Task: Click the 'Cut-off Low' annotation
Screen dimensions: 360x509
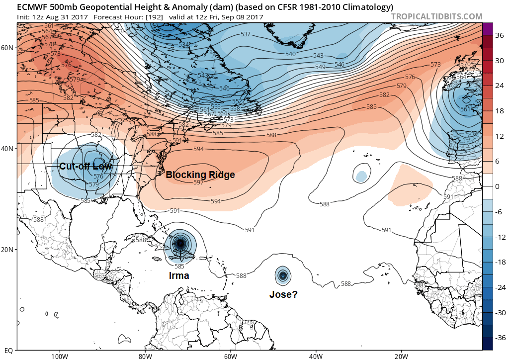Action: coord(85,167)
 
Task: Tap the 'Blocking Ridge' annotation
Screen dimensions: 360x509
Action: coord(200,175)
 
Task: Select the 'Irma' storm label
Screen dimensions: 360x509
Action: coord(178,276)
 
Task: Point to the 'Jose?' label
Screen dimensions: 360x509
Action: coord(283,294)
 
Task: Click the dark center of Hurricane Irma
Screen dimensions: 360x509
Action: coord(180,243)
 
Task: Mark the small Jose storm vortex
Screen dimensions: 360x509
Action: coord(283,275)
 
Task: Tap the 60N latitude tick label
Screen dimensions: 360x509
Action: coord(7,48)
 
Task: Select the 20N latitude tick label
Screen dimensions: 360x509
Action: coord(7,250)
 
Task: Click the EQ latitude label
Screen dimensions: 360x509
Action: coord(8,350)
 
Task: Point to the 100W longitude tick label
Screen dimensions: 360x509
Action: coord(59,356)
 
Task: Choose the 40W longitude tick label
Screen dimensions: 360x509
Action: coord(316,356)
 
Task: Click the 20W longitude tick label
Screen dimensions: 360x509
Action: coord(401,356)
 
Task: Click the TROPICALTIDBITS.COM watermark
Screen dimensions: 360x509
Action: coord(436,16)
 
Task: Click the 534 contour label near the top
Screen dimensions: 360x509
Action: coord(184,45)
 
